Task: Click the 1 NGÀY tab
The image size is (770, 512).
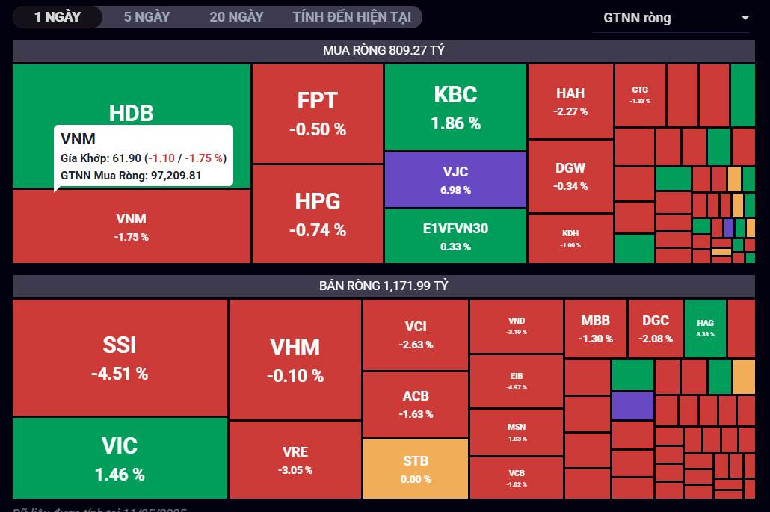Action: [x=58, y=16]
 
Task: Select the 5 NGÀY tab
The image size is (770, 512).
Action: [x=147, y=16]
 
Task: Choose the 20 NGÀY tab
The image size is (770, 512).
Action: [x=236, y=16]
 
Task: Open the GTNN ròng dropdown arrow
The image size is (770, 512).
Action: [x=745, y=18]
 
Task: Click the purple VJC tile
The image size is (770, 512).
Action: [x=455, y=179]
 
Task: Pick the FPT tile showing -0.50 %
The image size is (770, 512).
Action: [x=318, y=113]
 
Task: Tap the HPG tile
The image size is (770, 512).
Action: [x=318, y=214]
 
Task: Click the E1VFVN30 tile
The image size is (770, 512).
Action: [x=455, y=235]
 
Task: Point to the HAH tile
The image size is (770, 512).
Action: [x=570, y=101]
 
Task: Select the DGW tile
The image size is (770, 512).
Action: [x=570, y=176]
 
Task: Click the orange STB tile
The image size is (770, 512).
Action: [x=416, y=469]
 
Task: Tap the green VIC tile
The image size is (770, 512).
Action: [x=120, y=457]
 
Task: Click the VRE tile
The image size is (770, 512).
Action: [x=295, y=460]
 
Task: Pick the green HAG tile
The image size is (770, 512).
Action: [x=705, y=327]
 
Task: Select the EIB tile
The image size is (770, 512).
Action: [x=517, y=380]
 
